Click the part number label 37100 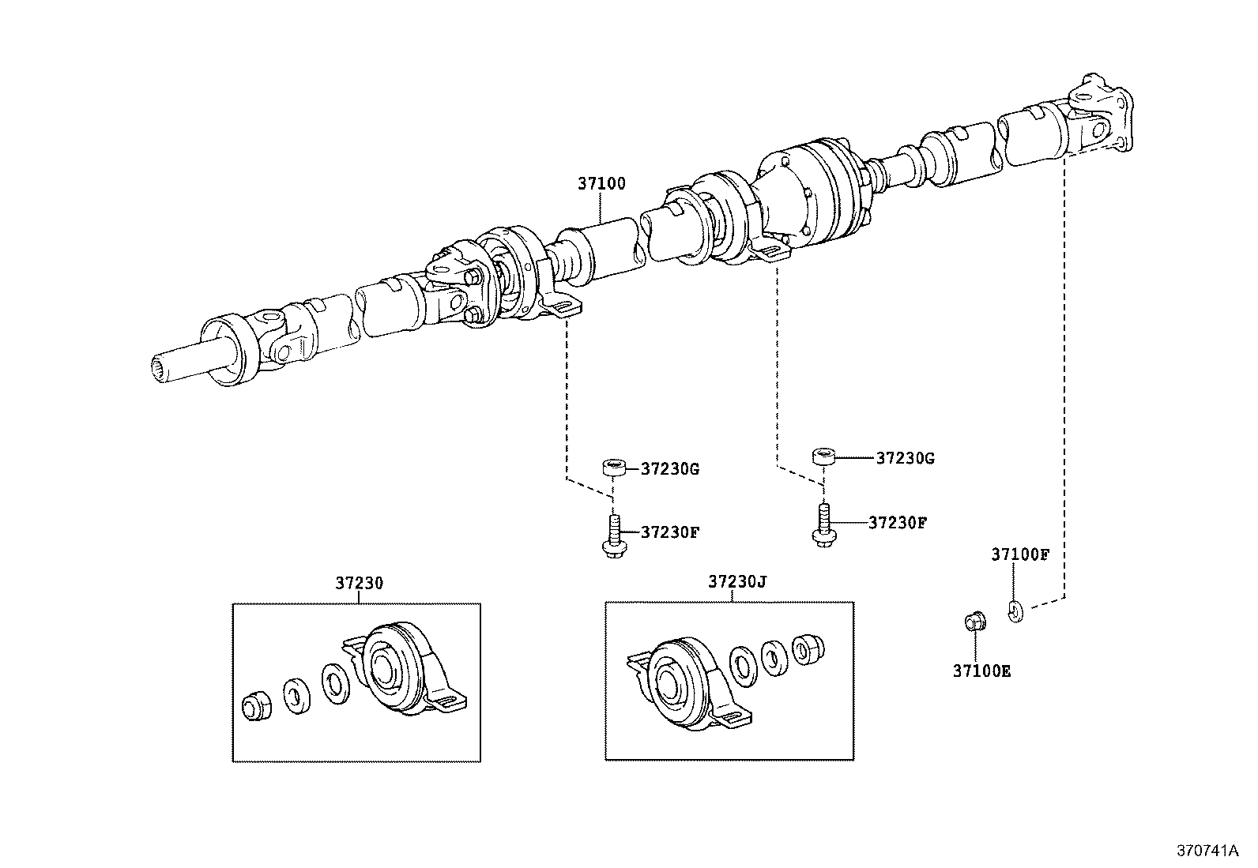pyautogui.click(x=601, y=184)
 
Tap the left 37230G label pyautogui.click(x=669, y=468)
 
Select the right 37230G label pyautogui.click(x=905, y=458)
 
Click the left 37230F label pyautogui.click(x=669, y=532)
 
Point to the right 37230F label pyautogui.click(x=897, y=523)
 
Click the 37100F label pyautogui.click(x=1019, y=554)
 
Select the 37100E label pyautogui.click(x=981, y=672)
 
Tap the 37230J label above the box pyautogui.click(x=736, y=582)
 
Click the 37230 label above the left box pyautogui.click(x=359, y=584)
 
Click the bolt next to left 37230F pyautogui.click(x=612, y=536)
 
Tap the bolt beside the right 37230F pyautogui.click(x=821, y=525)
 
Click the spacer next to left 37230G pyautogui.click(x=616, y=468)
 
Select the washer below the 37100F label pyautogui.click(x=1015, y=610)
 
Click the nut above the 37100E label pyautogui.click(x=973, y=622)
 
